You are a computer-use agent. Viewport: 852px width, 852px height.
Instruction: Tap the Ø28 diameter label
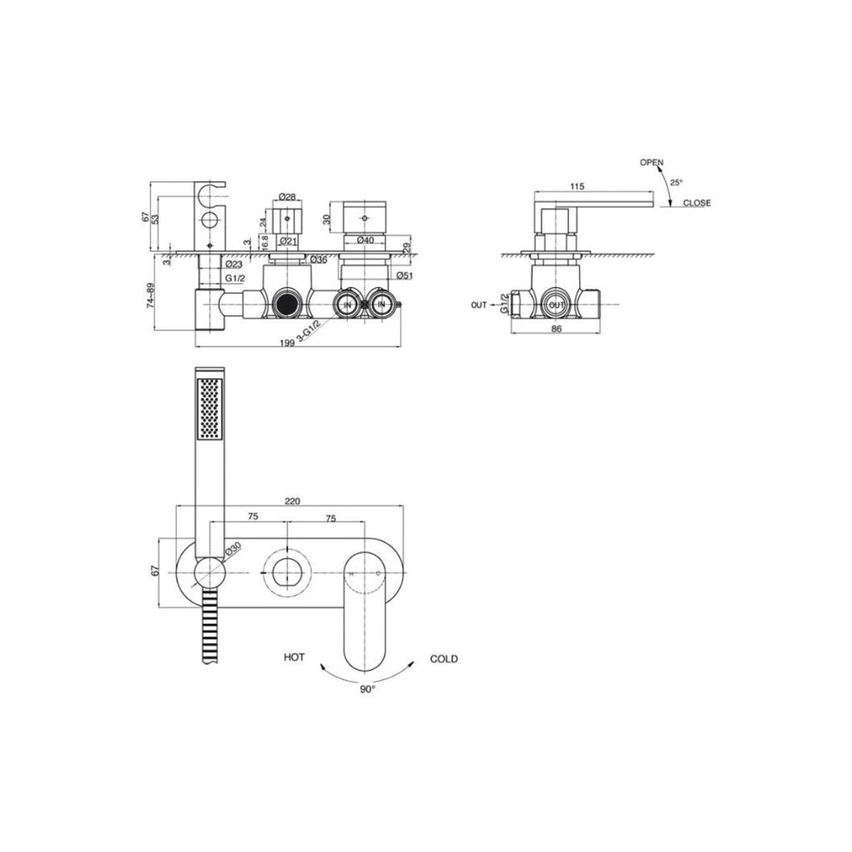[287, 196]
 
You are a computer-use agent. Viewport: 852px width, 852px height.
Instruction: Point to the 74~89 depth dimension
[151, 294]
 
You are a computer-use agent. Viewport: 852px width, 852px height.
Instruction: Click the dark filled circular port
[287, 304]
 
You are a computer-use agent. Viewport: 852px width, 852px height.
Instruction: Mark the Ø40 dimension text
[364, 240]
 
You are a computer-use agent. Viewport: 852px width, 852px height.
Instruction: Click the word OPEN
[651, 163]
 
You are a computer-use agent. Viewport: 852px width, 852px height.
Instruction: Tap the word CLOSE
[696, 203]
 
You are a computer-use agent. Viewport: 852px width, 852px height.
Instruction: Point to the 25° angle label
[676, 182]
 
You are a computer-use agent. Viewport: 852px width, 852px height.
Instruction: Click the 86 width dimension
[557, 329]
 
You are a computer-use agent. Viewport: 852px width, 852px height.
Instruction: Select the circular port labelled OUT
[557, 305]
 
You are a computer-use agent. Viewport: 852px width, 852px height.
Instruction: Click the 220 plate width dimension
[292, 501]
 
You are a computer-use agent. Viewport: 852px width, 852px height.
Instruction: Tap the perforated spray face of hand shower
[209, 408]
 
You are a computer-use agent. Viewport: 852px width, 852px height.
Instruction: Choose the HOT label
[294, 658]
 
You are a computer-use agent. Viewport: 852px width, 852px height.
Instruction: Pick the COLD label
[443, 659]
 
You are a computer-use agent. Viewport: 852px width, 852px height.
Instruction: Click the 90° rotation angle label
[367, 689]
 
